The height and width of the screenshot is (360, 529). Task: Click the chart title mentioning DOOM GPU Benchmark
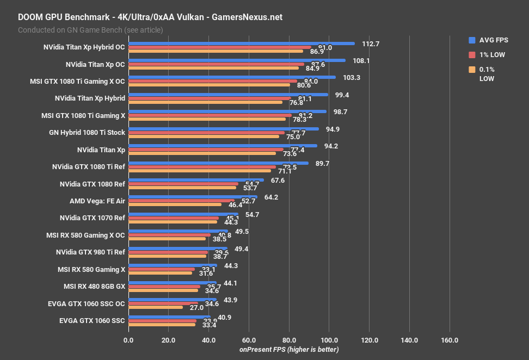(150, 17)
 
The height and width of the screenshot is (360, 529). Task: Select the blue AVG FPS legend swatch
(472, 40)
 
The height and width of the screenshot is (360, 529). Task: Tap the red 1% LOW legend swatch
(472, 54)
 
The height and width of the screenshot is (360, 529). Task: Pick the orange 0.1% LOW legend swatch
(472, 69)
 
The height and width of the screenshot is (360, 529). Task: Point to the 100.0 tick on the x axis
(329, 340)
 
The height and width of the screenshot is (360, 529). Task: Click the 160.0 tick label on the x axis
(449, 340)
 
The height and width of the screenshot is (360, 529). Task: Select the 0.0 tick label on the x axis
(128, 340)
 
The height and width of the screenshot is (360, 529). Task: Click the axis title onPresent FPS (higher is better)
(289, 349)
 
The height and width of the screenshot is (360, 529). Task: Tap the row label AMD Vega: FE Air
(97, 201)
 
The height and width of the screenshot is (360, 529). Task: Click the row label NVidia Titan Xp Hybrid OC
(84, 47)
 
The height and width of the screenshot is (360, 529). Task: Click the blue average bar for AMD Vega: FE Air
(193, 197)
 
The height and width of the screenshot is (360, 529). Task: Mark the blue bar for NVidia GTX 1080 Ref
(196, 180)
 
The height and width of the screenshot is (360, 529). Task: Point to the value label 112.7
(370, 44)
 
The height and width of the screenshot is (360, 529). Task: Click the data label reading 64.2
(271, 197)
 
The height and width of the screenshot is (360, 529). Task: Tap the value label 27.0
(197, 307)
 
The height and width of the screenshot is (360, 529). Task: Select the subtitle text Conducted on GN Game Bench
(90, 30)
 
